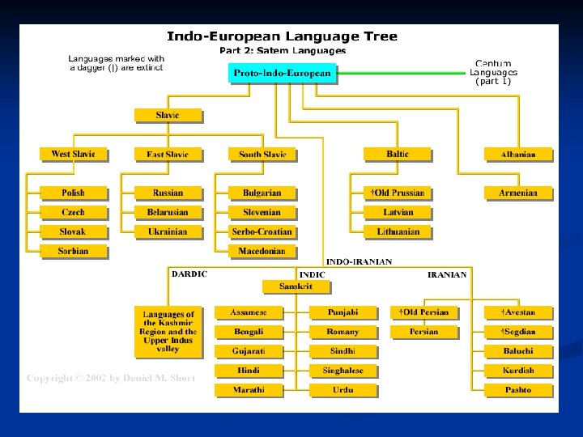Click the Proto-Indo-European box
pos(282,73)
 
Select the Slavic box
pos(168,115)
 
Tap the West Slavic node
pos(73,154)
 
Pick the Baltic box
pos(398,154)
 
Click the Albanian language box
pos(518,154)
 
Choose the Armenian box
pos(518,193)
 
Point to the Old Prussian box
pos(398,193)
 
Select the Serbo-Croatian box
pos(262,231)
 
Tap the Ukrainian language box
pos(168,231)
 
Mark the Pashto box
pos(518,390)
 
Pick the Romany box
pos(343,332)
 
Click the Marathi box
pos(248,390)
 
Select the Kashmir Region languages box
pos(168,332)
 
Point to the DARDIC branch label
pos(189,274)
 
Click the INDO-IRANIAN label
pos(359,261)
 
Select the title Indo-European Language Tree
pos(282,36)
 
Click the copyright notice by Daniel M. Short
pos(111,378)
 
